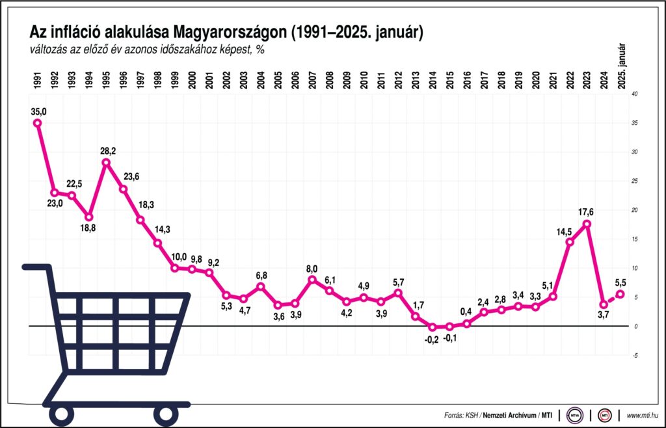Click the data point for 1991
click(37, 123)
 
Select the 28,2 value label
click(106, 150)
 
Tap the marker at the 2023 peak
click(587, 224)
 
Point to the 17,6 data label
click(586, 211)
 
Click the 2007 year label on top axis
click(313, 79)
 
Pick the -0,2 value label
click(431, 339)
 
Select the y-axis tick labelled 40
click(635, 94)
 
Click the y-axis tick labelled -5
click(634, 355)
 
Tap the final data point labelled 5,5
click(621, 294)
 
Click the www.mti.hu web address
click(643, 414)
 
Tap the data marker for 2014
click(432, 327)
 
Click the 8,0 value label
click(312, 268)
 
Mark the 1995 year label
click(106, 79)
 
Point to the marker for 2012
click(398, 293)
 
